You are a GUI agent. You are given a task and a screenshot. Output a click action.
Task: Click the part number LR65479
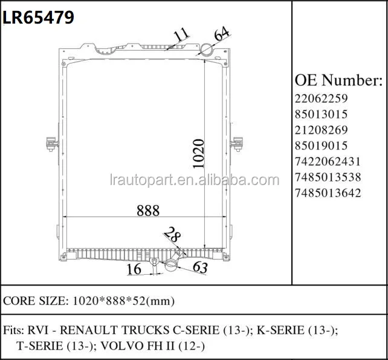coord(39,18)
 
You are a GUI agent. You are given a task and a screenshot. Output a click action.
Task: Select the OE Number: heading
coord(338,80)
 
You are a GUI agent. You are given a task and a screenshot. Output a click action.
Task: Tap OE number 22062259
coord(322,98)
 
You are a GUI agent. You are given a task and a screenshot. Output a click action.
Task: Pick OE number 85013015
coord(322,114)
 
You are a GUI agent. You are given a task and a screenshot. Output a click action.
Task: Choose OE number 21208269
coord(322,129)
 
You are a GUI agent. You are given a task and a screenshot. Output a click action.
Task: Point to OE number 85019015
coord(322,145)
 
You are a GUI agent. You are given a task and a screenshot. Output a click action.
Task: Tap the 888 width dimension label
coord(147,211)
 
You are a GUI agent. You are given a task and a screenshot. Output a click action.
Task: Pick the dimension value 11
coord(180,37)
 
